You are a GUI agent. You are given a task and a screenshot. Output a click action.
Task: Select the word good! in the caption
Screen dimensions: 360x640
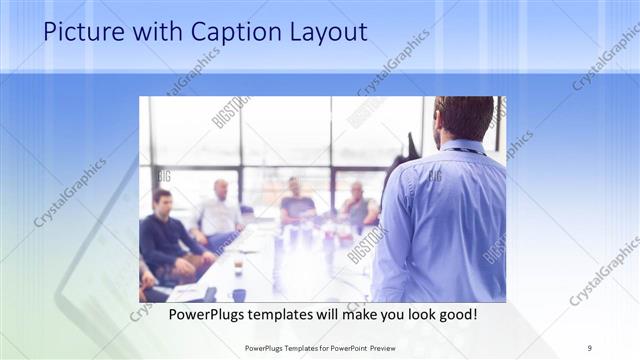(x=455, y=314)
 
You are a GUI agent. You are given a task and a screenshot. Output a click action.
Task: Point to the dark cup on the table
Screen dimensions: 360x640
(x=239, y=295)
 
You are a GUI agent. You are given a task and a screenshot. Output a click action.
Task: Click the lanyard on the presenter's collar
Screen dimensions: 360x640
(x=462, y=150)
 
